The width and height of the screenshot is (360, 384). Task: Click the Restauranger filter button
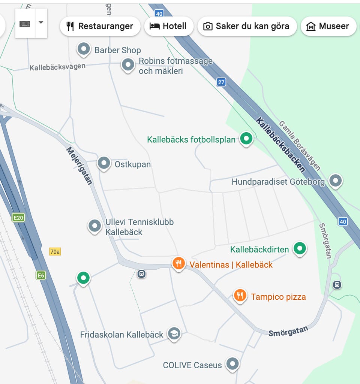tap(100, 26)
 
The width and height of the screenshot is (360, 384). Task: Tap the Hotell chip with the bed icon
tap(169, 26)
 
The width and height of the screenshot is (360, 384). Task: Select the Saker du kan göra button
tap(247, 26)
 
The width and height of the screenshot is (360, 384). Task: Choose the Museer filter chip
tap(328, 26)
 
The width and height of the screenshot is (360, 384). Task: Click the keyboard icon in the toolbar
tap(25, 23)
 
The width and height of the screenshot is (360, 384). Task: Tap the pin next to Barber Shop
tap(84, 49)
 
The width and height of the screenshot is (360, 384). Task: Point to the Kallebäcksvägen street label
tap(57, 67)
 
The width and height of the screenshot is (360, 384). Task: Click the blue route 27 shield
tap(221, 82)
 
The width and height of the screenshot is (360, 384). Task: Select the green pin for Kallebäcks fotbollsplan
tap(246, 139)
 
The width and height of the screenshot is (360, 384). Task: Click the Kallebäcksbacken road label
tap(280, 145)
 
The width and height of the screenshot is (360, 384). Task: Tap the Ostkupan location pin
tap(104, 163)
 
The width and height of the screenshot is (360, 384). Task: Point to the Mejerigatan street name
tap(79, 165)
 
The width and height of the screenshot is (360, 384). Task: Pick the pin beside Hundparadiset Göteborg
tap(335, 181)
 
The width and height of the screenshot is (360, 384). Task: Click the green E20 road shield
tap(18, 217)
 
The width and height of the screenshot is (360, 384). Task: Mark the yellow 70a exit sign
tap(55, 251)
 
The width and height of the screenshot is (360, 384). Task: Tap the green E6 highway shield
tap(40, 275)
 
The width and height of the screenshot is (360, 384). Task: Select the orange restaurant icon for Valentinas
tap(178, 263)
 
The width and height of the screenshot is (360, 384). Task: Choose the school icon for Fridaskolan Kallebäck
tap(174, 333)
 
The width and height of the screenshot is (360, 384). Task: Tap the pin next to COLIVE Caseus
tap(233, 363)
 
